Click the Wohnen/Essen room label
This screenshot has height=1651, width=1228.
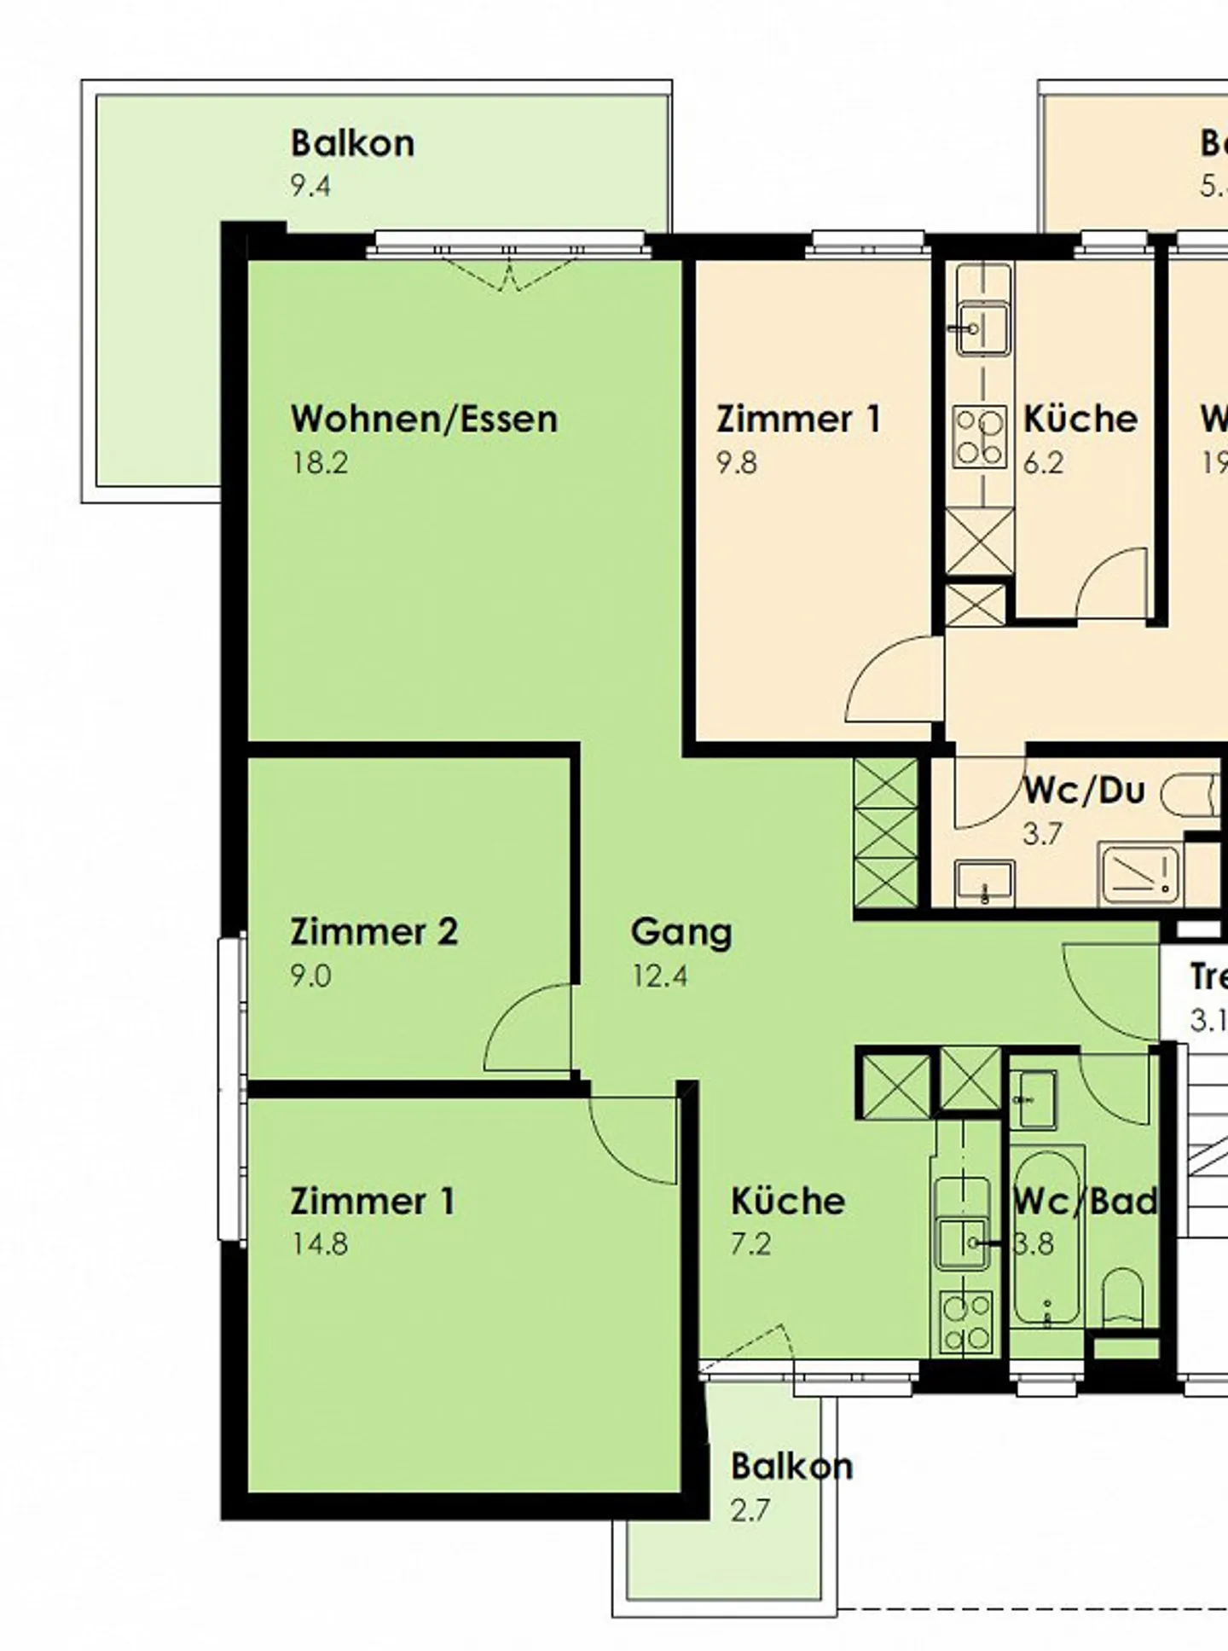pyautogui.click(x=424, y=420)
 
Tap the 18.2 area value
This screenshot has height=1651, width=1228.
pyautogui.click(x=320, y=463)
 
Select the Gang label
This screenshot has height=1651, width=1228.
pyautogui.click(x=681, y=932)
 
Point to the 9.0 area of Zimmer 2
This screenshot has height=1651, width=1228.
pyautogui.click(x=310, y=976)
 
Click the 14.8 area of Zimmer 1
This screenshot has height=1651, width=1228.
pyautogui.click(x=320, y=1244)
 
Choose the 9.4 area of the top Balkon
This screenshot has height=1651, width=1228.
pyautogui.click(x=310, y=186)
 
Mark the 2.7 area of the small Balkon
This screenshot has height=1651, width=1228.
pyautogui.click(x=750, y=1509)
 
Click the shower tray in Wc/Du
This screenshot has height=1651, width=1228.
pyautogui.click(x=1139, y=872)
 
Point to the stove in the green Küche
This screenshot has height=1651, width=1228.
pyautogui.click(x=966, y=1322)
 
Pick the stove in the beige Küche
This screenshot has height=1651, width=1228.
pyautogui.click(x=979, y=437)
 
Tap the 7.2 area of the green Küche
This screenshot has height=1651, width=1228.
pyautogui.click(x=750, y=1244)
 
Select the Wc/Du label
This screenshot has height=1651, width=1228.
pyautogui.click(x=1083, y=791)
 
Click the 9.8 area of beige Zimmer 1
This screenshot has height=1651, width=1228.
pyautogui.click(x=737, y=463)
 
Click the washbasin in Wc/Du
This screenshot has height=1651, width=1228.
pyautogui.click(x=984, y=880)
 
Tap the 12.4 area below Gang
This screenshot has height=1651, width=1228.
pyautogui.click(x=659, y=976)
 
